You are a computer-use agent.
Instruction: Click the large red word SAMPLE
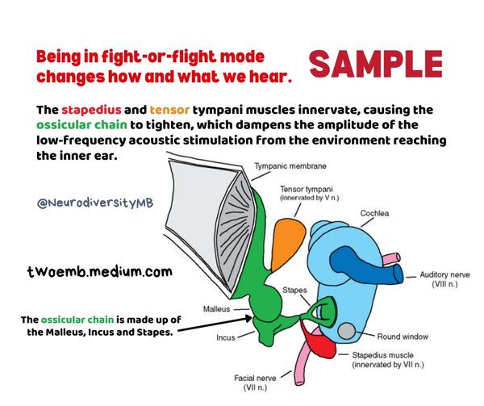click(x=376, y=65)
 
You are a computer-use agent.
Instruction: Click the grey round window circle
click(x=347, y=331)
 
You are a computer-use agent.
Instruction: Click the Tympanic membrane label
click(x=290, y=166)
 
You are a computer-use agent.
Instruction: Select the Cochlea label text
click(x=374, y=213)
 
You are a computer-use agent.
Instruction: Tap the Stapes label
click(x=294, y=290)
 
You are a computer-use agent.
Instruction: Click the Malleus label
click(x=216, y=309)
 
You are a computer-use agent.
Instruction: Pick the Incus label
click(x=226, y=337)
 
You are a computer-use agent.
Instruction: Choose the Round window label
click(x=403, y=337)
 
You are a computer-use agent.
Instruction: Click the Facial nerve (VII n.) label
click(x=255, y=383)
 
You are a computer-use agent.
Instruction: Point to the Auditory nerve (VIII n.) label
click(x=444, y=279)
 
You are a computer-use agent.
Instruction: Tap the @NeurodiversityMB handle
click(x=95, y=203)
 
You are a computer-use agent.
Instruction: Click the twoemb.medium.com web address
click(x=100, y=272)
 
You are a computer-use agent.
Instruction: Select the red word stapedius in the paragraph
click(x=91, y=111)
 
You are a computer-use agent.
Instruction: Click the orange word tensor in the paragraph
click(x=169, y=110)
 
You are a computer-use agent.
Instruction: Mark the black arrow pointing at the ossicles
click(x=215, y=324)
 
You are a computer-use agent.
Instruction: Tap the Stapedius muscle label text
click(x=388, y=360)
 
